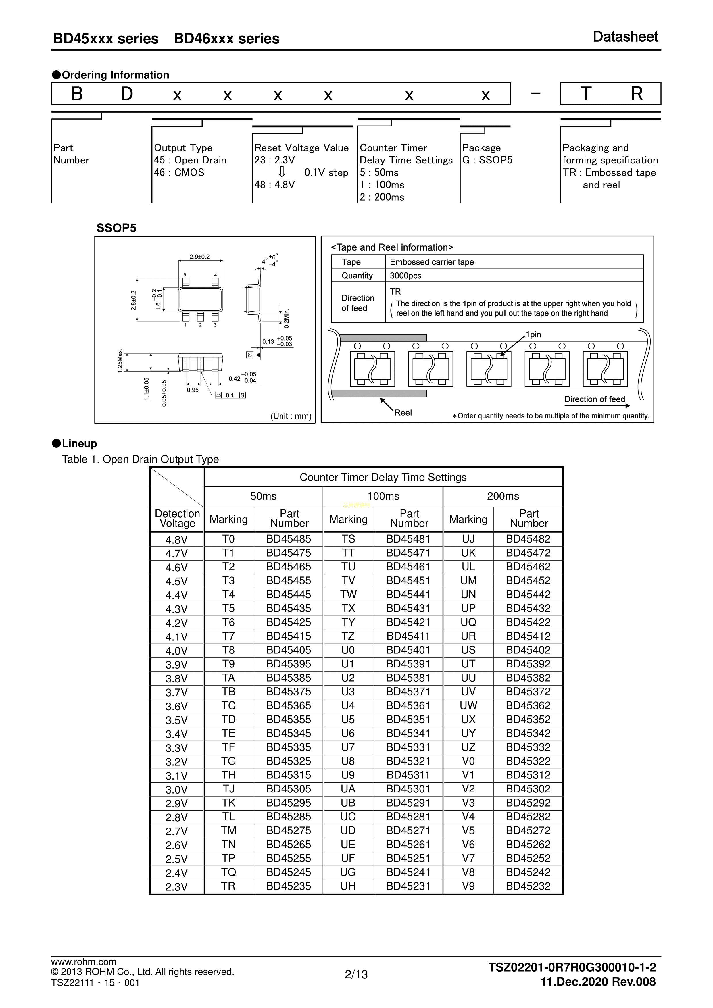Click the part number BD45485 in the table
click(x=289, y=539)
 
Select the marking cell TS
click(x=348, y=539)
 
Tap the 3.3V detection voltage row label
click(x=176, y=748)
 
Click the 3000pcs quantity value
click(x=405, y=276)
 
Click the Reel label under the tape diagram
click(x=403, y=413)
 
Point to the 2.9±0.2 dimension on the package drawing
click(x=200, y=257)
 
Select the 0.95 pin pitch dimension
click(x=193, y=390)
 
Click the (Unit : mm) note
click(x=291, y=416)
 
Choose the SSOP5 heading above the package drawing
click(x=116, y=228)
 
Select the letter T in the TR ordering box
click(x=586, y=94)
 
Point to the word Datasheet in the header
click(x=625, y=37)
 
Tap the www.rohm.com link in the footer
click(x=84, y=962)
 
